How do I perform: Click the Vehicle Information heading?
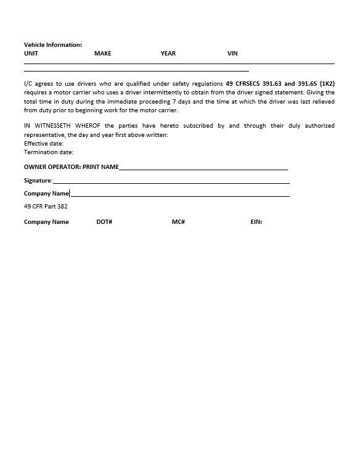click(x=53, y=44)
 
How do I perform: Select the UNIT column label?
click(x=31, y=54)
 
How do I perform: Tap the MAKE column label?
click(x=103, y=54)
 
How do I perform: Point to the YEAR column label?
click(x=168, y=54)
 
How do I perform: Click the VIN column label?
click(x=232, y=54)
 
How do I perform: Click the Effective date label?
click(x=44, y=144)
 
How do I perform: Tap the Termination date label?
click(x=49, y=152)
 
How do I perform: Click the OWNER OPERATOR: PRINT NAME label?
click(x=72, y=167)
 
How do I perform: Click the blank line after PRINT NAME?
click(x=203, y=168)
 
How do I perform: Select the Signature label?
click(x=38, y=181)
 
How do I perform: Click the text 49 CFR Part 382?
click(x=46, y=207)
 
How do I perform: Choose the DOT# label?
click(x=104, y=222)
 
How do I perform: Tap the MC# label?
click(x=178, y=222)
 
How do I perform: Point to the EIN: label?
click(x=256, y=222)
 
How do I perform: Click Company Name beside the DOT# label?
click(x=46, y=222)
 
